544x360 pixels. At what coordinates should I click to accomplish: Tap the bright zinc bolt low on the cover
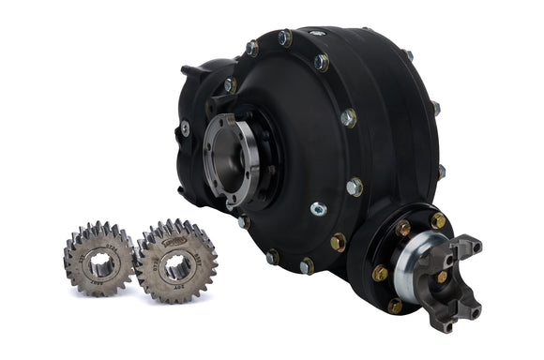pos(318,209)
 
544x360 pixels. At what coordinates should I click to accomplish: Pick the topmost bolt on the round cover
pos(284,37)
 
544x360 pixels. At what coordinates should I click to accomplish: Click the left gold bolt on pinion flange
pos(380,273)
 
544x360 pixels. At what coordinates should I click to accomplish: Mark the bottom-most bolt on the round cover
pos(306,266)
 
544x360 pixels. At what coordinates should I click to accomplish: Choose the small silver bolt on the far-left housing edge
pos(185,128)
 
